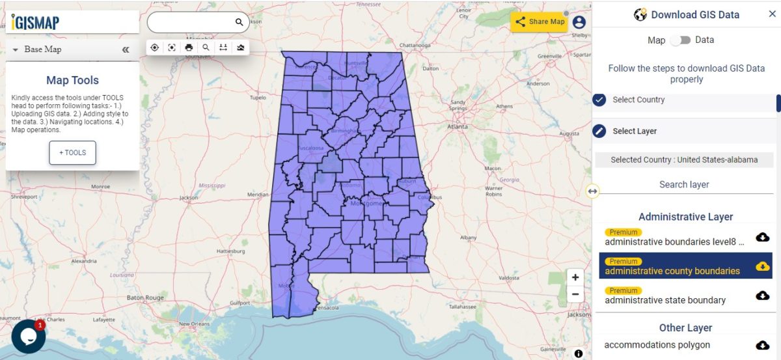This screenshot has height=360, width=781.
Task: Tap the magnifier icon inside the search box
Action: point(239,22)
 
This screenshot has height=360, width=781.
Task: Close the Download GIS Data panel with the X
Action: point(772,14)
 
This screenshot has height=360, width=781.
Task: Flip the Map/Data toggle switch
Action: point(680,40)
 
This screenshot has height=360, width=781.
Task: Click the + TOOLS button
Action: point(72,152)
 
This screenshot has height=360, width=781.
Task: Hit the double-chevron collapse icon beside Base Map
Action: point(126,49)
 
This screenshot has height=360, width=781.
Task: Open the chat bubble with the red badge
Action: point(28,336)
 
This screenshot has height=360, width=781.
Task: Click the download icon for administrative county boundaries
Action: point(762,266)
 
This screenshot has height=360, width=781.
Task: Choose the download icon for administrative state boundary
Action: point(762,295)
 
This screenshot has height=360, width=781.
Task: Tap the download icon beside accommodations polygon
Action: point(762,345)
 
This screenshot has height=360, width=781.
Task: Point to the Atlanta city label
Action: point(458,126)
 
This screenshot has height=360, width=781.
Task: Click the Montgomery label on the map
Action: point(368,203)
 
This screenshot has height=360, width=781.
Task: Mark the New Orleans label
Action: point(195,324)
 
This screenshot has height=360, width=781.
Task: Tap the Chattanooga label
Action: point(415,46)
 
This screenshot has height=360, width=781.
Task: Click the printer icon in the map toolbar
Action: point(189,48)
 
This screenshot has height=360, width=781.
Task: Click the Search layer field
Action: point(683,184)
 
